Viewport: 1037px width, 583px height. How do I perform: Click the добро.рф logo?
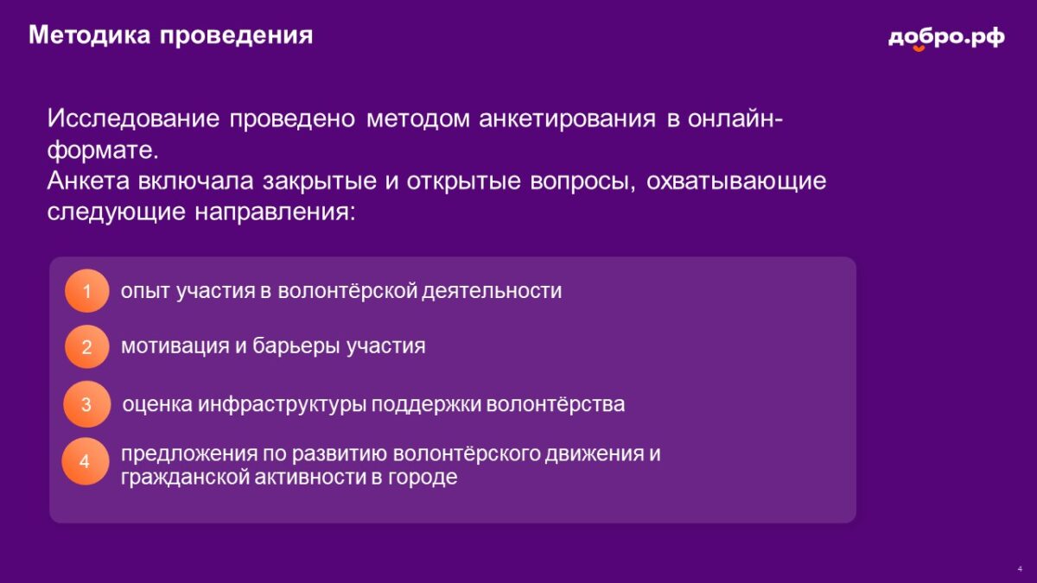click(946, 38)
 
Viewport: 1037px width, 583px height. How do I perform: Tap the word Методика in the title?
click(89, 35)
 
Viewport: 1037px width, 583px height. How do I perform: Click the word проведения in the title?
click(237, 36)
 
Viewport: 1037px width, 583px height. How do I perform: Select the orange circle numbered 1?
click(86, 290)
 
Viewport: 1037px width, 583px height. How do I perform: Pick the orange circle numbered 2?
click(86, 346)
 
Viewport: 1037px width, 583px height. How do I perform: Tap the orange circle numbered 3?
click(86, 404)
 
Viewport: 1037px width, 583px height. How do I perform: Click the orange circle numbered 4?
click(86, 461)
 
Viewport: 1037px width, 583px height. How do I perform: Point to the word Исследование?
click(133, 118)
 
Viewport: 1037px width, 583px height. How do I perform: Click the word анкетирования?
click(567, 119)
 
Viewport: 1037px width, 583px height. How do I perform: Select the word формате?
click(103, 150)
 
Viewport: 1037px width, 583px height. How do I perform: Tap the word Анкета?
click(88, 181)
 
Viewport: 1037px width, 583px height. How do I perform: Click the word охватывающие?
click(736, 181)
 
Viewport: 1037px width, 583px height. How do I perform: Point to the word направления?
click(275, 212)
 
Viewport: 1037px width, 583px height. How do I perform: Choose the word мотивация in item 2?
click(175, 346)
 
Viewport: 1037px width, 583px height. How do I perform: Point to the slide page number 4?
click(1021, 569)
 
